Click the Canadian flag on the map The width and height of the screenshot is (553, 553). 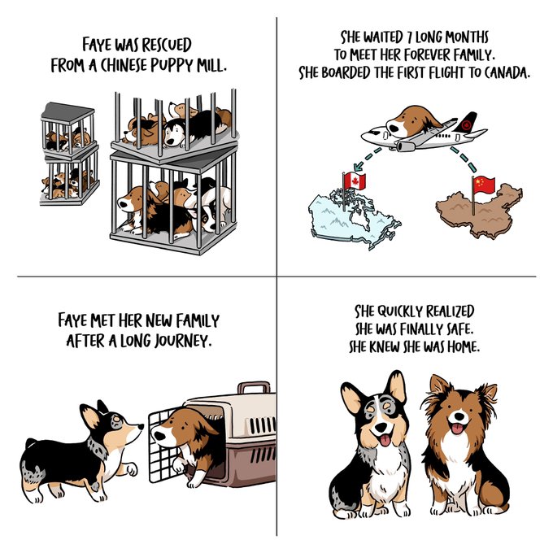355,181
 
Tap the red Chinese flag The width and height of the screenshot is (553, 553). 485,185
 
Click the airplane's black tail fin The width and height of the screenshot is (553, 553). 466,122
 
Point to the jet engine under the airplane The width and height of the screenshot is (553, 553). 408,145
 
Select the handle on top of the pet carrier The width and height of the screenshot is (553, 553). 254,387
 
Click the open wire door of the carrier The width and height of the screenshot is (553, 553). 162,446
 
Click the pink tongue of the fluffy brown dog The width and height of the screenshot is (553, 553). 457,428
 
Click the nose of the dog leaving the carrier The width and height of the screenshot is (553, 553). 159,435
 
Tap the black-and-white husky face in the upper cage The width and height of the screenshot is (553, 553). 175,133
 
